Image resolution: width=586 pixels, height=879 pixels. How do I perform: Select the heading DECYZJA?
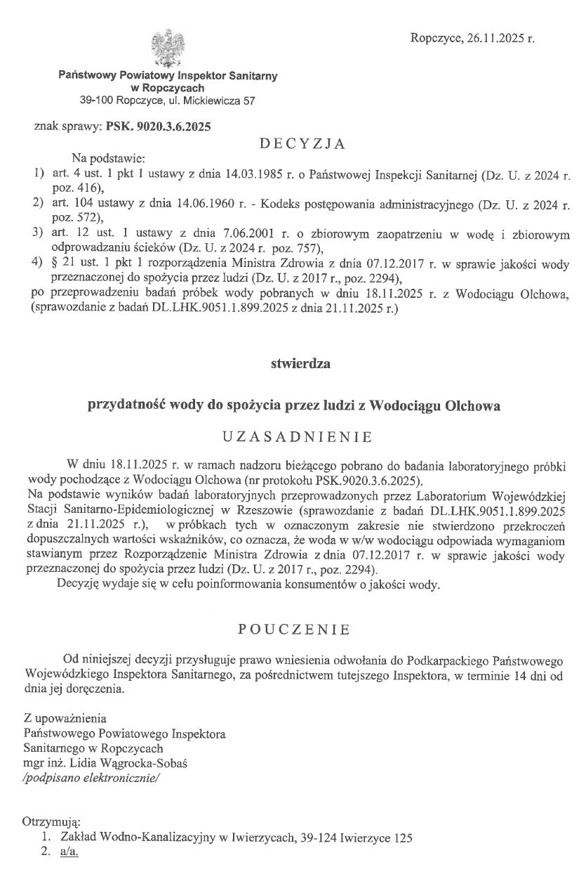[x=302, y=145]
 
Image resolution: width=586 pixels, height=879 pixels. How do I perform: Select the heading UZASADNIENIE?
[x=296, y=436]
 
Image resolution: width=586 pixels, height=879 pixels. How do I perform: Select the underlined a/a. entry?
[x=69, y=852]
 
